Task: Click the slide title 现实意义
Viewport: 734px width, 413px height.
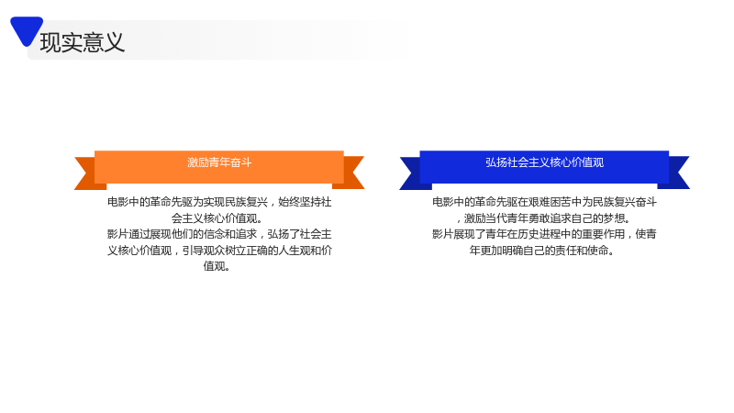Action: [83, 42]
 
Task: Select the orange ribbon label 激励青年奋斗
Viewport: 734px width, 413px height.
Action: [219, 162]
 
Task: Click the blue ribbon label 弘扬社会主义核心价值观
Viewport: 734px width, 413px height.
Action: [544, 162]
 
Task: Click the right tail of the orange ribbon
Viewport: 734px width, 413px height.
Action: [350, 173]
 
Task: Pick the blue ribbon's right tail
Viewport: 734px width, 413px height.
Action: [676, 173]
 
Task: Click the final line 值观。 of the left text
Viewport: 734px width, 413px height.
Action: [217, 266]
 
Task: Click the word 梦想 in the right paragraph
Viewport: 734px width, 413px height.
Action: [613, 218]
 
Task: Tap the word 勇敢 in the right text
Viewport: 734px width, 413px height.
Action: [539, 218]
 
